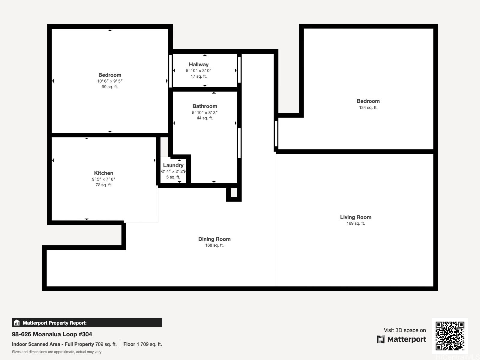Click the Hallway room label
point(199,64)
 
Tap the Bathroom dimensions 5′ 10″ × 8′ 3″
point(205,112)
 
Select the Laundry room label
point(173,165)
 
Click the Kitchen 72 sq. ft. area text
point(103,185)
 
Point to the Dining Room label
point(214,239)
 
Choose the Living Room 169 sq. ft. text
point(355,223)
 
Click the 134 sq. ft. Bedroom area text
point(368,107)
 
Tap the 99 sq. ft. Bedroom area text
point(110,87)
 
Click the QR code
point(450,336)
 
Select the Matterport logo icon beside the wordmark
point(381,339)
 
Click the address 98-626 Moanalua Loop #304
point(52,334)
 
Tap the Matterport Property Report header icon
point(17,323)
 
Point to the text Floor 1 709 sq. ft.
point(142,344)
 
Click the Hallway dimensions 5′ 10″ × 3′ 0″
point(199,70)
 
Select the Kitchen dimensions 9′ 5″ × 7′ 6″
point(103,179)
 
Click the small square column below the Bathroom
point(234,192)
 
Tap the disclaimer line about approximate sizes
point(57,352)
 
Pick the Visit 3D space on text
point(405,330)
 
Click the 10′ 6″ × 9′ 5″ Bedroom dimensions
point(110,81)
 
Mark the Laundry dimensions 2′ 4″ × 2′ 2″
point(173,171)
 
